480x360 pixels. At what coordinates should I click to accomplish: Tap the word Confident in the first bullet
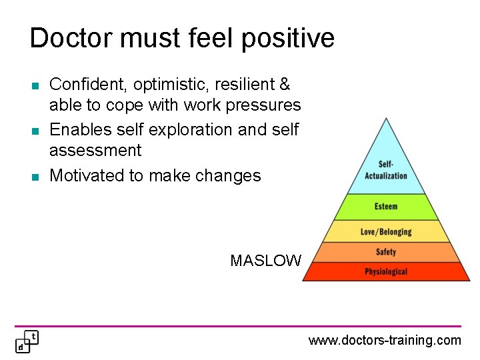(x=89, y=85)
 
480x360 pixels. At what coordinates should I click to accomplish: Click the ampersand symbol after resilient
(x=285, y=85)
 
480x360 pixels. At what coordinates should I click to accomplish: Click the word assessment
(x=95, y=151)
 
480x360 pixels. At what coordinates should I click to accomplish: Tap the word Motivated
(x=89, y=175)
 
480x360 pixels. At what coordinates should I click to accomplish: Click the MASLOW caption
(x=265, y=261)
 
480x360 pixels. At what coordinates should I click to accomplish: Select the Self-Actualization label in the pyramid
(x=386, y=170)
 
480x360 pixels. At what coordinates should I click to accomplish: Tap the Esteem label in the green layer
(x=386, y=207)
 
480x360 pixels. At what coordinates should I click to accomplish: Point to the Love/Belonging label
(x=386, y=232)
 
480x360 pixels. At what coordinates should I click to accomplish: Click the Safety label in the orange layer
(x=386, y=252)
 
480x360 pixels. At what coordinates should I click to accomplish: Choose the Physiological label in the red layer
(x=386, y=271)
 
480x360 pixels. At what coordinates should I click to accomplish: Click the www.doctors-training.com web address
(x=384, y=341)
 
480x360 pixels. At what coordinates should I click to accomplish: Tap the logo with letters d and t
(x=27, y=341)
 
